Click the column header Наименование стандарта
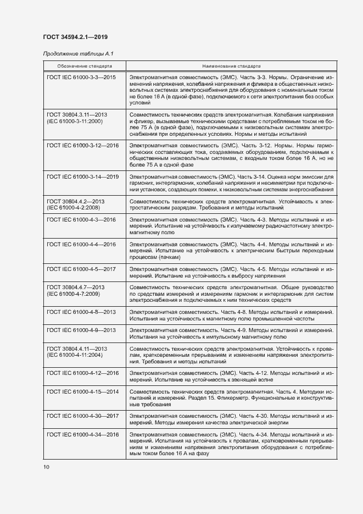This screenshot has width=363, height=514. point(231,65)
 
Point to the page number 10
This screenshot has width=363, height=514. point(46,467)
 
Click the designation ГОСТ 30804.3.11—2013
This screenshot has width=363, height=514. point(77,114)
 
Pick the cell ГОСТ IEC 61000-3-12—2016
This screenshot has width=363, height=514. point(83,145)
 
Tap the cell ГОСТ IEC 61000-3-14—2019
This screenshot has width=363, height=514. point(83,176)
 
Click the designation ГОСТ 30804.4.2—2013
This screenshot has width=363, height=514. point(76,202)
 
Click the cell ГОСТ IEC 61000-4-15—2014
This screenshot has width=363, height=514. point(83,391)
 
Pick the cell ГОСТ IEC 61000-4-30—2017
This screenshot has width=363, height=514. point(83,416)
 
